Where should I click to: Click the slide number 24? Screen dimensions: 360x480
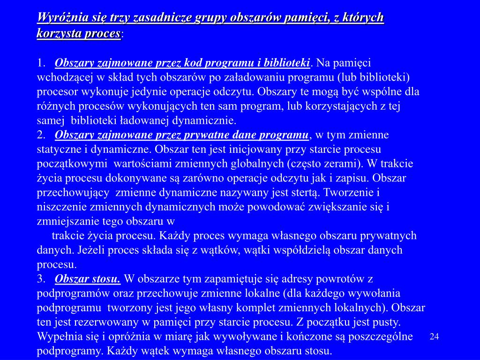click(434, 337)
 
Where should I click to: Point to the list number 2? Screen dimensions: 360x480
click(41, 135)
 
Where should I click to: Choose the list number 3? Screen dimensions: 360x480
click(41, 279)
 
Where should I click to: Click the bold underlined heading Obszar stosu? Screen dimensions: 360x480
click(88, 279)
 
